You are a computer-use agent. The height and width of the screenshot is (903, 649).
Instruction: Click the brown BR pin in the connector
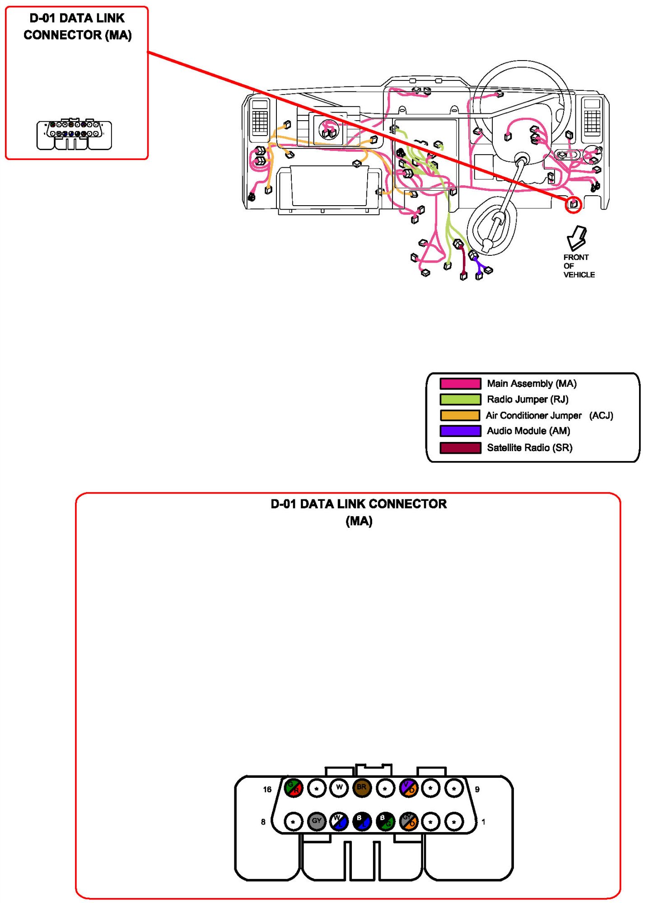tap(361, 788)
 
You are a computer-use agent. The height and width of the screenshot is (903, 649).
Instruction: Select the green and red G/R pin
tap(293, 788)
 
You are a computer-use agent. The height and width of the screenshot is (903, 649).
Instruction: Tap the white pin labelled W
tap(339, 788)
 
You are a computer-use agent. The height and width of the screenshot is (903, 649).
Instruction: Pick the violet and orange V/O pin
tap(409, 788)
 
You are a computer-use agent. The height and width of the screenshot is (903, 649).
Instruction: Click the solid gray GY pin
tap(316, 821)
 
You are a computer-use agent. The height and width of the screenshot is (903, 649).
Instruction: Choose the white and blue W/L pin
tap(339, 821)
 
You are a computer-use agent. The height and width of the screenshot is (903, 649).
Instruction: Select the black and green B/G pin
tap(385, 821)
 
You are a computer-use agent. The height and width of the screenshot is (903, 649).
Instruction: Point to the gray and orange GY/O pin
tap(409, 821)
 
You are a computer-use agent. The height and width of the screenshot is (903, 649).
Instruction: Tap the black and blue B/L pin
tap(362, 821)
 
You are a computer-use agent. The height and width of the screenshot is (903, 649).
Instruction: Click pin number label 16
tap(267, 790)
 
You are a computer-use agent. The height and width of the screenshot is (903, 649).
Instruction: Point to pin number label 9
tap(477, 790)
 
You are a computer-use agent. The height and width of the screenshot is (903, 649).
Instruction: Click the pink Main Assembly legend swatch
tap(460, 384)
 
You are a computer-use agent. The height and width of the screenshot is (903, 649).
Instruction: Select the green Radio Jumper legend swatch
tap(460, 400)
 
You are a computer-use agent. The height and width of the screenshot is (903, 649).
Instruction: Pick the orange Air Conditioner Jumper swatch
tap(460, 415)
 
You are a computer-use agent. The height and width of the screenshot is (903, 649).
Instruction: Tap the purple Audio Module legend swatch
tap(460, 431)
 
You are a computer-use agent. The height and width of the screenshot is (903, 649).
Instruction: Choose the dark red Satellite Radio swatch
tap(460, 448)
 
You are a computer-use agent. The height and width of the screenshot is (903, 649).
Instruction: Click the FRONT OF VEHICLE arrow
tap(577, 238)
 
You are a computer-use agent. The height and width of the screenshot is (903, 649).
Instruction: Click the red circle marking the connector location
tap(574, 205)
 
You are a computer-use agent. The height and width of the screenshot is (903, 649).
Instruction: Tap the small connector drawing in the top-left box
tap(74, 135)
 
